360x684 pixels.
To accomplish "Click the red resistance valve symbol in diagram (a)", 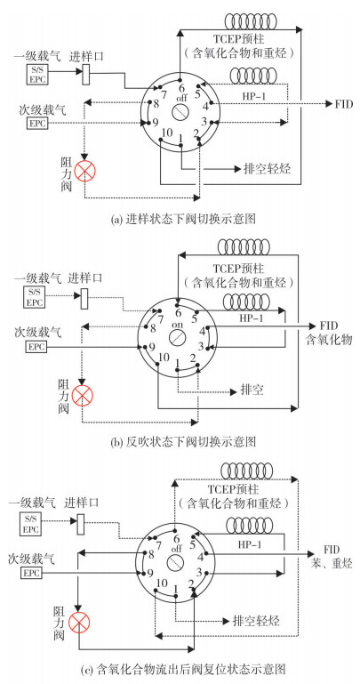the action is point(84,171).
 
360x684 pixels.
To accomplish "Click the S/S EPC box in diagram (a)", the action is point(37,73).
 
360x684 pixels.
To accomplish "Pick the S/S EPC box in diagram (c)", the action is point(31,525).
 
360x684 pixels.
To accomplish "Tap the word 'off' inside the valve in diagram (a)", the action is point(180,98).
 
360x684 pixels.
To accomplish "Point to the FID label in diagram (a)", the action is point(343,104).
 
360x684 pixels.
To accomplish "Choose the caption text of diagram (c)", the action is point(183,668).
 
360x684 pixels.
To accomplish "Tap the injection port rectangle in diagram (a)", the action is point(86,74).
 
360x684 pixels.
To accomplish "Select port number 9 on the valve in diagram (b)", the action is point(152,347).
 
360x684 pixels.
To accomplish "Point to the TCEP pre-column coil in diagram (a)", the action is point(250,20).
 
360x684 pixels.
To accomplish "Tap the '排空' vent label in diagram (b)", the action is point(252,389).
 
